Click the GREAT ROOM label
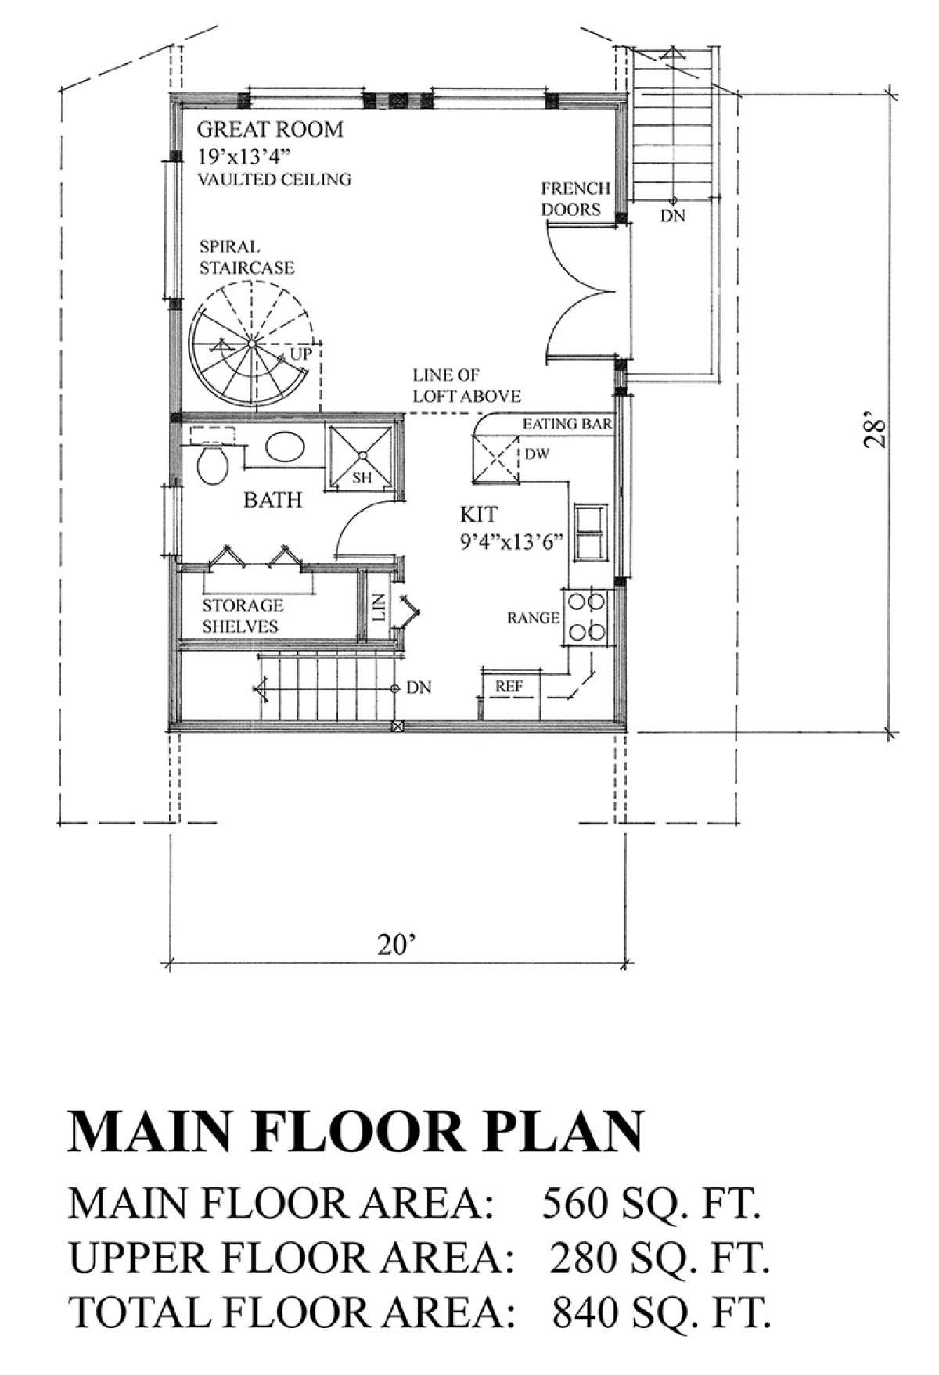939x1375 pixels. [270, 129]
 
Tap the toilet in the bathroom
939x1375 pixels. [211, 466]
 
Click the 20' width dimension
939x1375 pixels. [394, 945]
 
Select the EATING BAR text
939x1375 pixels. [567, 425]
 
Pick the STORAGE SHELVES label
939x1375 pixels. [243, 616]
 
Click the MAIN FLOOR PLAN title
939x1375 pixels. [357, 1131]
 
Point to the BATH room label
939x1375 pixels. [272, 499]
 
